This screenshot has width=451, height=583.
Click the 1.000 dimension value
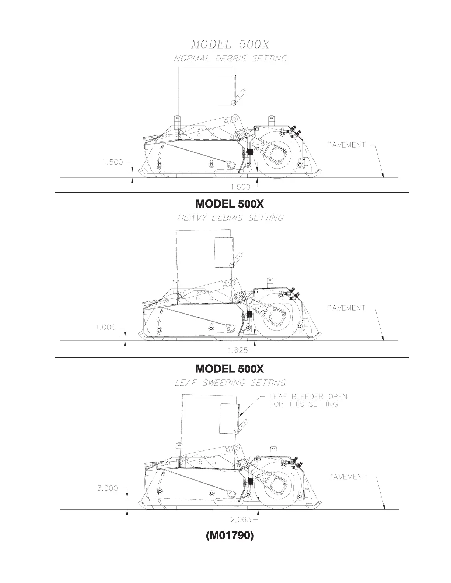point(106,327)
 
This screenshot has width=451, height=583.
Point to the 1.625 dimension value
point(238,350)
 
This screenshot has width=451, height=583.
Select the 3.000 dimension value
point(108,488)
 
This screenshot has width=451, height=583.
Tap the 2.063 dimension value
point(241,519)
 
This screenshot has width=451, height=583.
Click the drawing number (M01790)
point(230,536)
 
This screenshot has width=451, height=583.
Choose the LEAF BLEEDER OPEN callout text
point(308,400)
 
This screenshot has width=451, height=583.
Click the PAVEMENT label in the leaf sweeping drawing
point(348,477)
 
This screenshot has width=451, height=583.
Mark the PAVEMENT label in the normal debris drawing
point(346,145)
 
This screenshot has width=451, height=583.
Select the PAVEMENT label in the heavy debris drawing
point(346,308)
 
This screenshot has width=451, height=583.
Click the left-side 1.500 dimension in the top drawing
point(113,162)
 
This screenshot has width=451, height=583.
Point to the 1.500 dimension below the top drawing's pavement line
point(240,187)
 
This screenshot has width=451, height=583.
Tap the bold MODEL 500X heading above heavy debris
point(230,204)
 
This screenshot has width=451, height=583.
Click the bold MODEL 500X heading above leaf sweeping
point(230,369)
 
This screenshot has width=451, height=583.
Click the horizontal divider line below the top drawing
point(231,192)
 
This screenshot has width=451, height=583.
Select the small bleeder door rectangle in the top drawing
point(226,90)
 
